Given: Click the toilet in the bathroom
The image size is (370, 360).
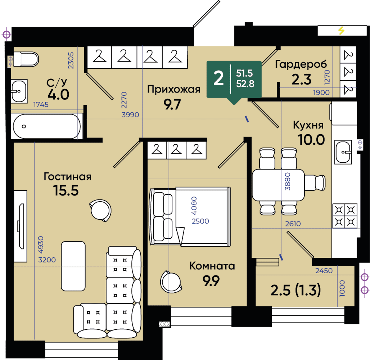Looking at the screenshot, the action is click(x=26, y=59).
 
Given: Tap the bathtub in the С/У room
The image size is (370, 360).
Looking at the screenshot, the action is click(x=47, y=126).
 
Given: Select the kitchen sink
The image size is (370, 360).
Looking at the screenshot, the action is click(x=343, y=152).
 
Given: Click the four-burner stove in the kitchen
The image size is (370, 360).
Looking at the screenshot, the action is click(x=345, y=216).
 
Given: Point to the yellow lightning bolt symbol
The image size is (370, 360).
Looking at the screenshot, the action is click(x=341, y=31).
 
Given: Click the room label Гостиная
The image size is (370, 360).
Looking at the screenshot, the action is click(x=68, y=176).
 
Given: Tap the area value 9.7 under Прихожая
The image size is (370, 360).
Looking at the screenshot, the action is click(x=172, y=104).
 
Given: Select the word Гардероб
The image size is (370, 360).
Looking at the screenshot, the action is click(x=301, y=64).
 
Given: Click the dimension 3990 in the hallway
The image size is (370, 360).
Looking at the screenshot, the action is click(x=130, y=115).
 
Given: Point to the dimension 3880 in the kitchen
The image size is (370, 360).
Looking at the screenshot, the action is click(x=288, y=181).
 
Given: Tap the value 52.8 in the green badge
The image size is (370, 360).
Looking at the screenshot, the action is click(x=245, y=84).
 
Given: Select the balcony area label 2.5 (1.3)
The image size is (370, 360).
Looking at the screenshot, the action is click(x=295, y=290).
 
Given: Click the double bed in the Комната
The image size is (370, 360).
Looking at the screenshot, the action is click(x=190, y=217).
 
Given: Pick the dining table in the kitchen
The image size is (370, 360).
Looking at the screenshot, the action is click(x=278, y=185).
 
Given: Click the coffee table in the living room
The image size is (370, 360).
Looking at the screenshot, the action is click(x=73, y=266).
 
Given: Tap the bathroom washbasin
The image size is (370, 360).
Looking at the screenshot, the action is click(x=19, y=91).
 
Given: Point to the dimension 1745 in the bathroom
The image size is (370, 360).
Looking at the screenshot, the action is click(x=41, y=104).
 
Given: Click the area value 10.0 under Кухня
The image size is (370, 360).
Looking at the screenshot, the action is click(x=311, y=140).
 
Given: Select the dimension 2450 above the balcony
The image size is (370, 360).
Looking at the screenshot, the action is click(x=324, y=270).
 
